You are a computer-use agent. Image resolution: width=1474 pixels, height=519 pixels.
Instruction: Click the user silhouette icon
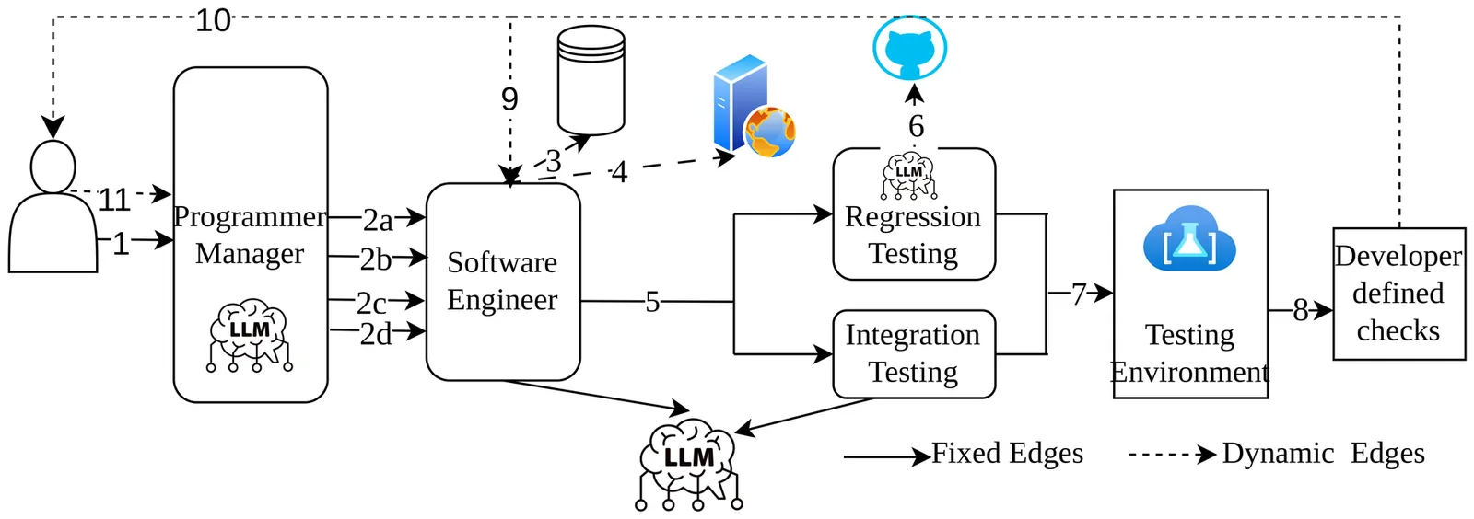(x=53, y=210)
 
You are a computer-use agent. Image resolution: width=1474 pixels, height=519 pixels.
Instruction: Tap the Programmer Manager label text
(x=250, y=235)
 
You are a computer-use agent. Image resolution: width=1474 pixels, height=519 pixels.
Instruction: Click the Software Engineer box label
(x=502, y=281)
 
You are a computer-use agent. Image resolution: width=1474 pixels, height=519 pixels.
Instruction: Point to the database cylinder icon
(x=591, y=80)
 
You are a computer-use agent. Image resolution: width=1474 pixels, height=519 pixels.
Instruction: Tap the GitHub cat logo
(x=909, y=48)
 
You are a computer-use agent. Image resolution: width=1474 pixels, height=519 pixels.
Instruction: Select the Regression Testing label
(x=913, y=235)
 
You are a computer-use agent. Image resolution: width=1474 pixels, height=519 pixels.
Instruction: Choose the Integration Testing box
(x=913, y=353)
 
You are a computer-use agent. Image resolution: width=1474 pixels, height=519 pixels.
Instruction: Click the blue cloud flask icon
(x=1189, y=239)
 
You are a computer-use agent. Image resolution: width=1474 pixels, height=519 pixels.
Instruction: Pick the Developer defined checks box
(x=1398, y=294)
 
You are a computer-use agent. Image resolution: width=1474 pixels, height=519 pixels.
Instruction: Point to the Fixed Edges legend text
(x=1007, y=454)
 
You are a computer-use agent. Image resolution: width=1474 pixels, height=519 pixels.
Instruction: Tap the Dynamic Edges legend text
(x=1323, y=454)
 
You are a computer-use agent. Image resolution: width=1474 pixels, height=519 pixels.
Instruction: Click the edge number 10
(x=213, y=20)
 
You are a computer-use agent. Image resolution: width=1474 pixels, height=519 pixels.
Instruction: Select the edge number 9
(x=509, y=98)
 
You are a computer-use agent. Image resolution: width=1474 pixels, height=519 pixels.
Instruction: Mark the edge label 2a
(x=378, y=220)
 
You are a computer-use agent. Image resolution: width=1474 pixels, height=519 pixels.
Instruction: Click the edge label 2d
(x=376, y=334)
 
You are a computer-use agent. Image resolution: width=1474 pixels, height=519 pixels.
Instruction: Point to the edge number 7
(x=1079, y=294)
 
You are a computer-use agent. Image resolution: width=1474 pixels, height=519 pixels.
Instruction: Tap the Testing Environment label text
(x=1189, y=353)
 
